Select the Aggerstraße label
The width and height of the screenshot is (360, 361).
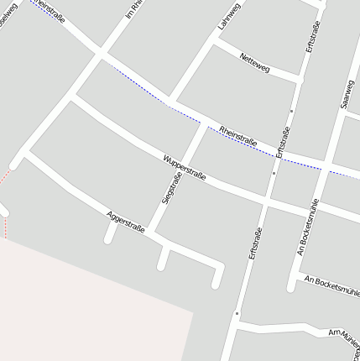pyautogui.click(x=126, y=222)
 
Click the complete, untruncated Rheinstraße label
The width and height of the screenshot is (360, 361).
pyautogui.click(x=238, y=135)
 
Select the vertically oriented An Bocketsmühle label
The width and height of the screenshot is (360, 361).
pyautogui.click(x=307, y=227)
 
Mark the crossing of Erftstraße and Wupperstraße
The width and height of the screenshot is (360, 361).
pyautogui.click(x=268, y=199)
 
